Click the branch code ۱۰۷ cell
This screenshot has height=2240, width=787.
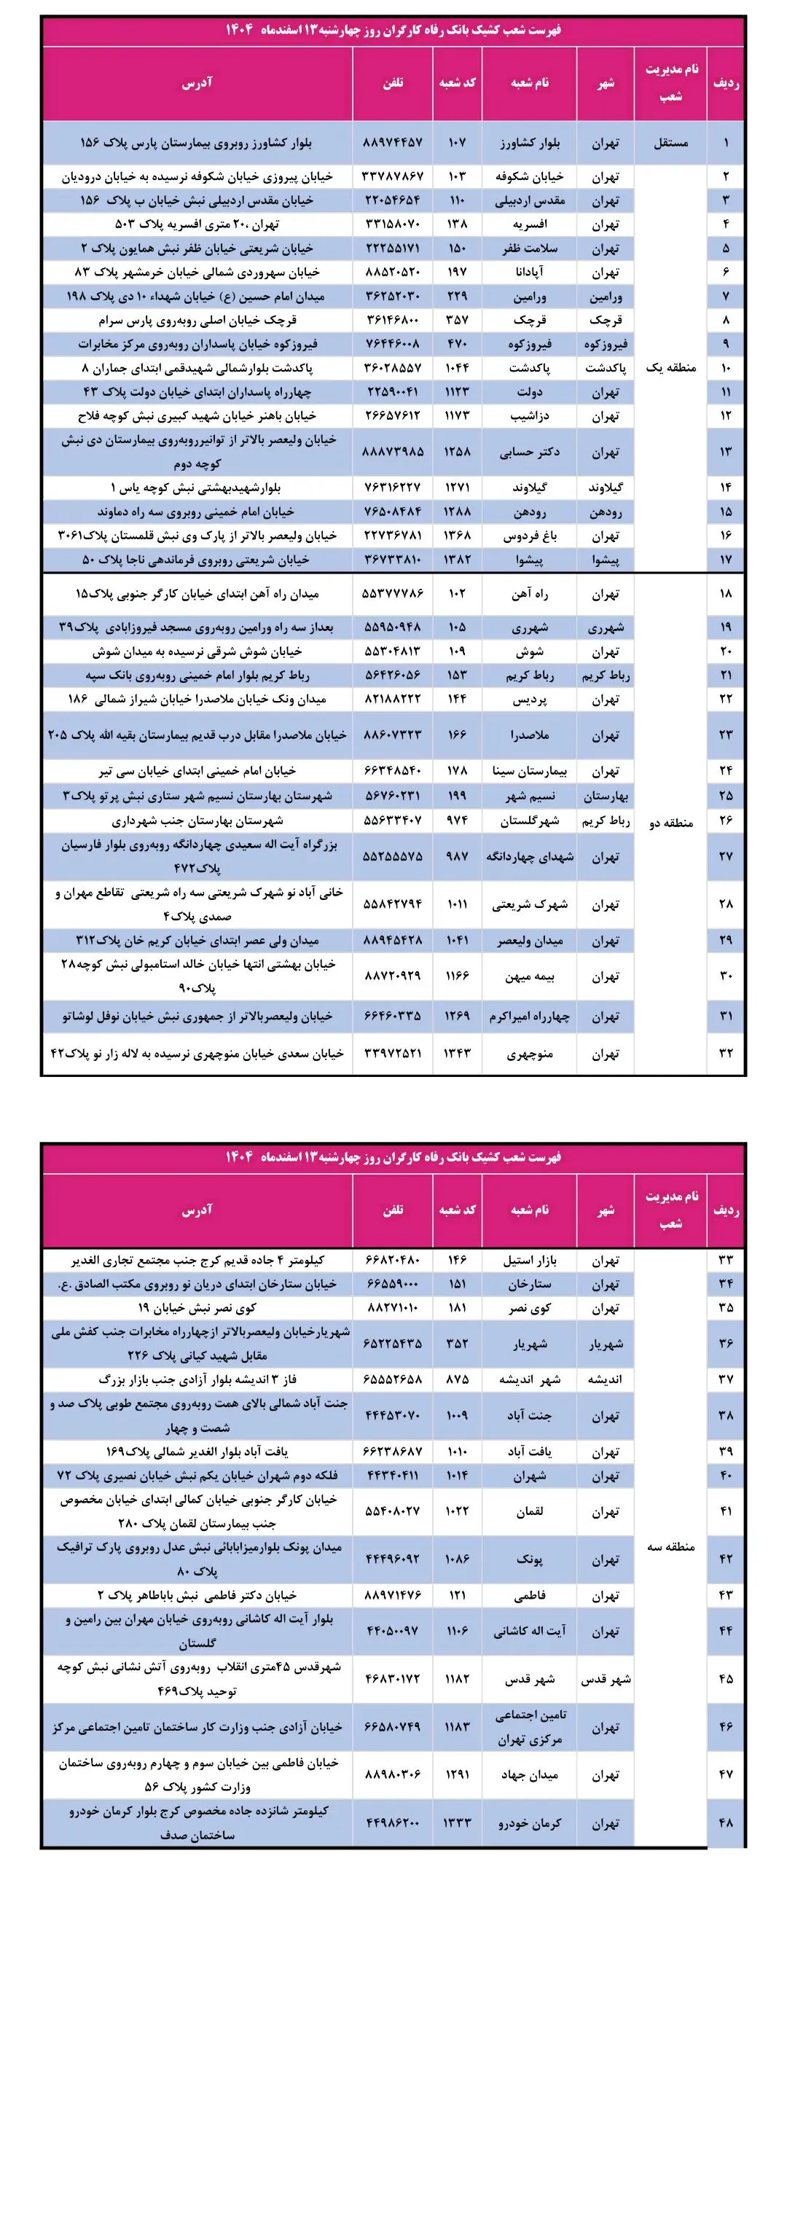tap(458, 143)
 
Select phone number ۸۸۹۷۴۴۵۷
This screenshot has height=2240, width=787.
tap(392, 143)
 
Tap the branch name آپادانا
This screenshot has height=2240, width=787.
tap(529, 273)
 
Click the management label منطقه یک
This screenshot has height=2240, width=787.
tap(670, 368)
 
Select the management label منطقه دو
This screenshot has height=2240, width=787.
tap(670, 823)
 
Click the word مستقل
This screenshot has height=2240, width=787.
tap(670, 143)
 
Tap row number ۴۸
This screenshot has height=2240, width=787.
tap(726, 1822)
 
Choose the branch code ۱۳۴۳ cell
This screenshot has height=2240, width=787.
tap(458, 1053)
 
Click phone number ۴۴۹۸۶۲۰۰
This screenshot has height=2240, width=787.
tap(392, 1822)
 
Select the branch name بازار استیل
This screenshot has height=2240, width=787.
tap(529, 1260)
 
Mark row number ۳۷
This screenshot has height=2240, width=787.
tap(726, 1379)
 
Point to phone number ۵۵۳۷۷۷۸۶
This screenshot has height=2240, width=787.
tap(392, 594)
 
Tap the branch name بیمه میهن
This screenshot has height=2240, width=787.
tap(529, 976)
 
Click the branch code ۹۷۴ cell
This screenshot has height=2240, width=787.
tap(458, 820)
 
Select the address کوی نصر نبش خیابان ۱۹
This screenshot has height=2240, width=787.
tap(197, 1308)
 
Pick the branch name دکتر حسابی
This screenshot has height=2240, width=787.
tap(529, 453)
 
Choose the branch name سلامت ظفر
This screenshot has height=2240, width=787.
tap(529, 248)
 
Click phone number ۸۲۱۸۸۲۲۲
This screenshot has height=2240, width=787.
tap(392, 699)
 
